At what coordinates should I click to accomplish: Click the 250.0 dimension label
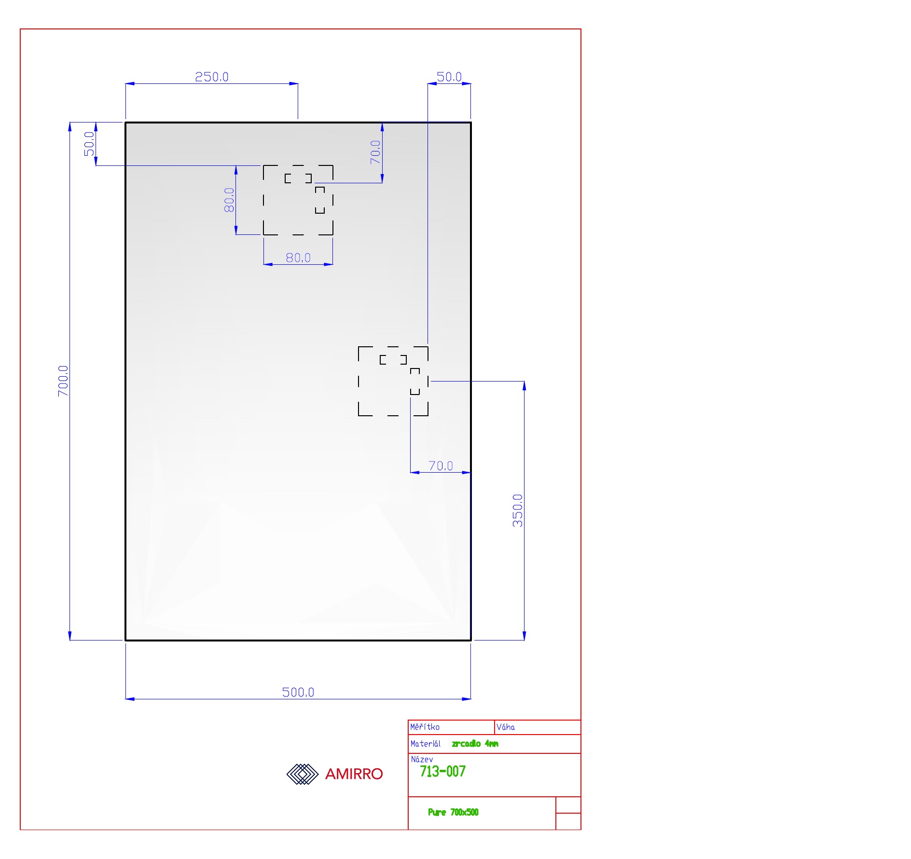[211, 77]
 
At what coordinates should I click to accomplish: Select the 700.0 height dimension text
[63, 381]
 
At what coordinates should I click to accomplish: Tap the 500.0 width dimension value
[298, 692]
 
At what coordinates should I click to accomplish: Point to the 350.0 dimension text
[517, 510]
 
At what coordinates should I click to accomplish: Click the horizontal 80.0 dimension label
[298, 258]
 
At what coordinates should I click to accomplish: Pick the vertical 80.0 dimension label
[229, 200]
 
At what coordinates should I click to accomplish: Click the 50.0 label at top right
[449, 77]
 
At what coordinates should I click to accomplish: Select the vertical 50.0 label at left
[89, 144]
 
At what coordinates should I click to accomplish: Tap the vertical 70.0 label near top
[375, 152]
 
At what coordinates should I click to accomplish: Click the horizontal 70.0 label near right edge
[441, 465]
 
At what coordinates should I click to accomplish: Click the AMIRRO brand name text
[354, 774]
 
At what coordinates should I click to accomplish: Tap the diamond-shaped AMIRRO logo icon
[303, 774]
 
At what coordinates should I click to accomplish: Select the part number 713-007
[442, 772]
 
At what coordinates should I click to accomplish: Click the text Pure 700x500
[453, 812]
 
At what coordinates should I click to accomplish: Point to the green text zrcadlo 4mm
[475, 744]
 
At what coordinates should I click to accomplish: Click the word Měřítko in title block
[425, 727]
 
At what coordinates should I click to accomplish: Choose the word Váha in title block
[505, 727]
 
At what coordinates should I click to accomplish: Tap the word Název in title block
[422, 759]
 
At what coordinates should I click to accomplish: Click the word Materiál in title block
[425, 744]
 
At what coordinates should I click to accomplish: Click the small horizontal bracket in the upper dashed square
[298, 178]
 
